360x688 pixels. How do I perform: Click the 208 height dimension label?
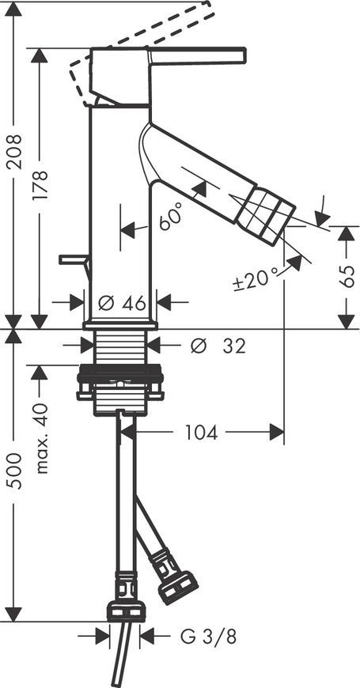15,153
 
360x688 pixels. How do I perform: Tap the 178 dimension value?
40,186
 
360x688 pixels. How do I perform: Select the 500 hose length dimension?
15,471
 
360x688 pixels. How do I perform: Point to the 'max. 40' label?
41,438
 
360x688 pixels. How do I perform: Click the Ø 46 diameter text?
122,303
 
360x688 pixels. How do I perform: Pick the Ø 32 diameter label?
218,346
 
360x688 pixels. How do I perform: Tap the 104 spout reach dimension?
201,433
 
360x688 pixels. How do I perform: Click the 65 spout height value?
347,277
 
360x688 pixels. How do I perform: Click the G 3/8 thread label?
208,637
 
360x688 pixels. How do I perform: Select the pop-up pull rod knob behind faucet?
74,260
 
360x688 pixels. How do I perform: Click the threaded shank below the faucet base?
121,347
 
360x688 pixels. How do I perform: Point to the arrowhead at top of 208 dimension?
14,9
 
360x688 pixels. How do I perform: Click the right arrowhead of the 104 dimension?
277,433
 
